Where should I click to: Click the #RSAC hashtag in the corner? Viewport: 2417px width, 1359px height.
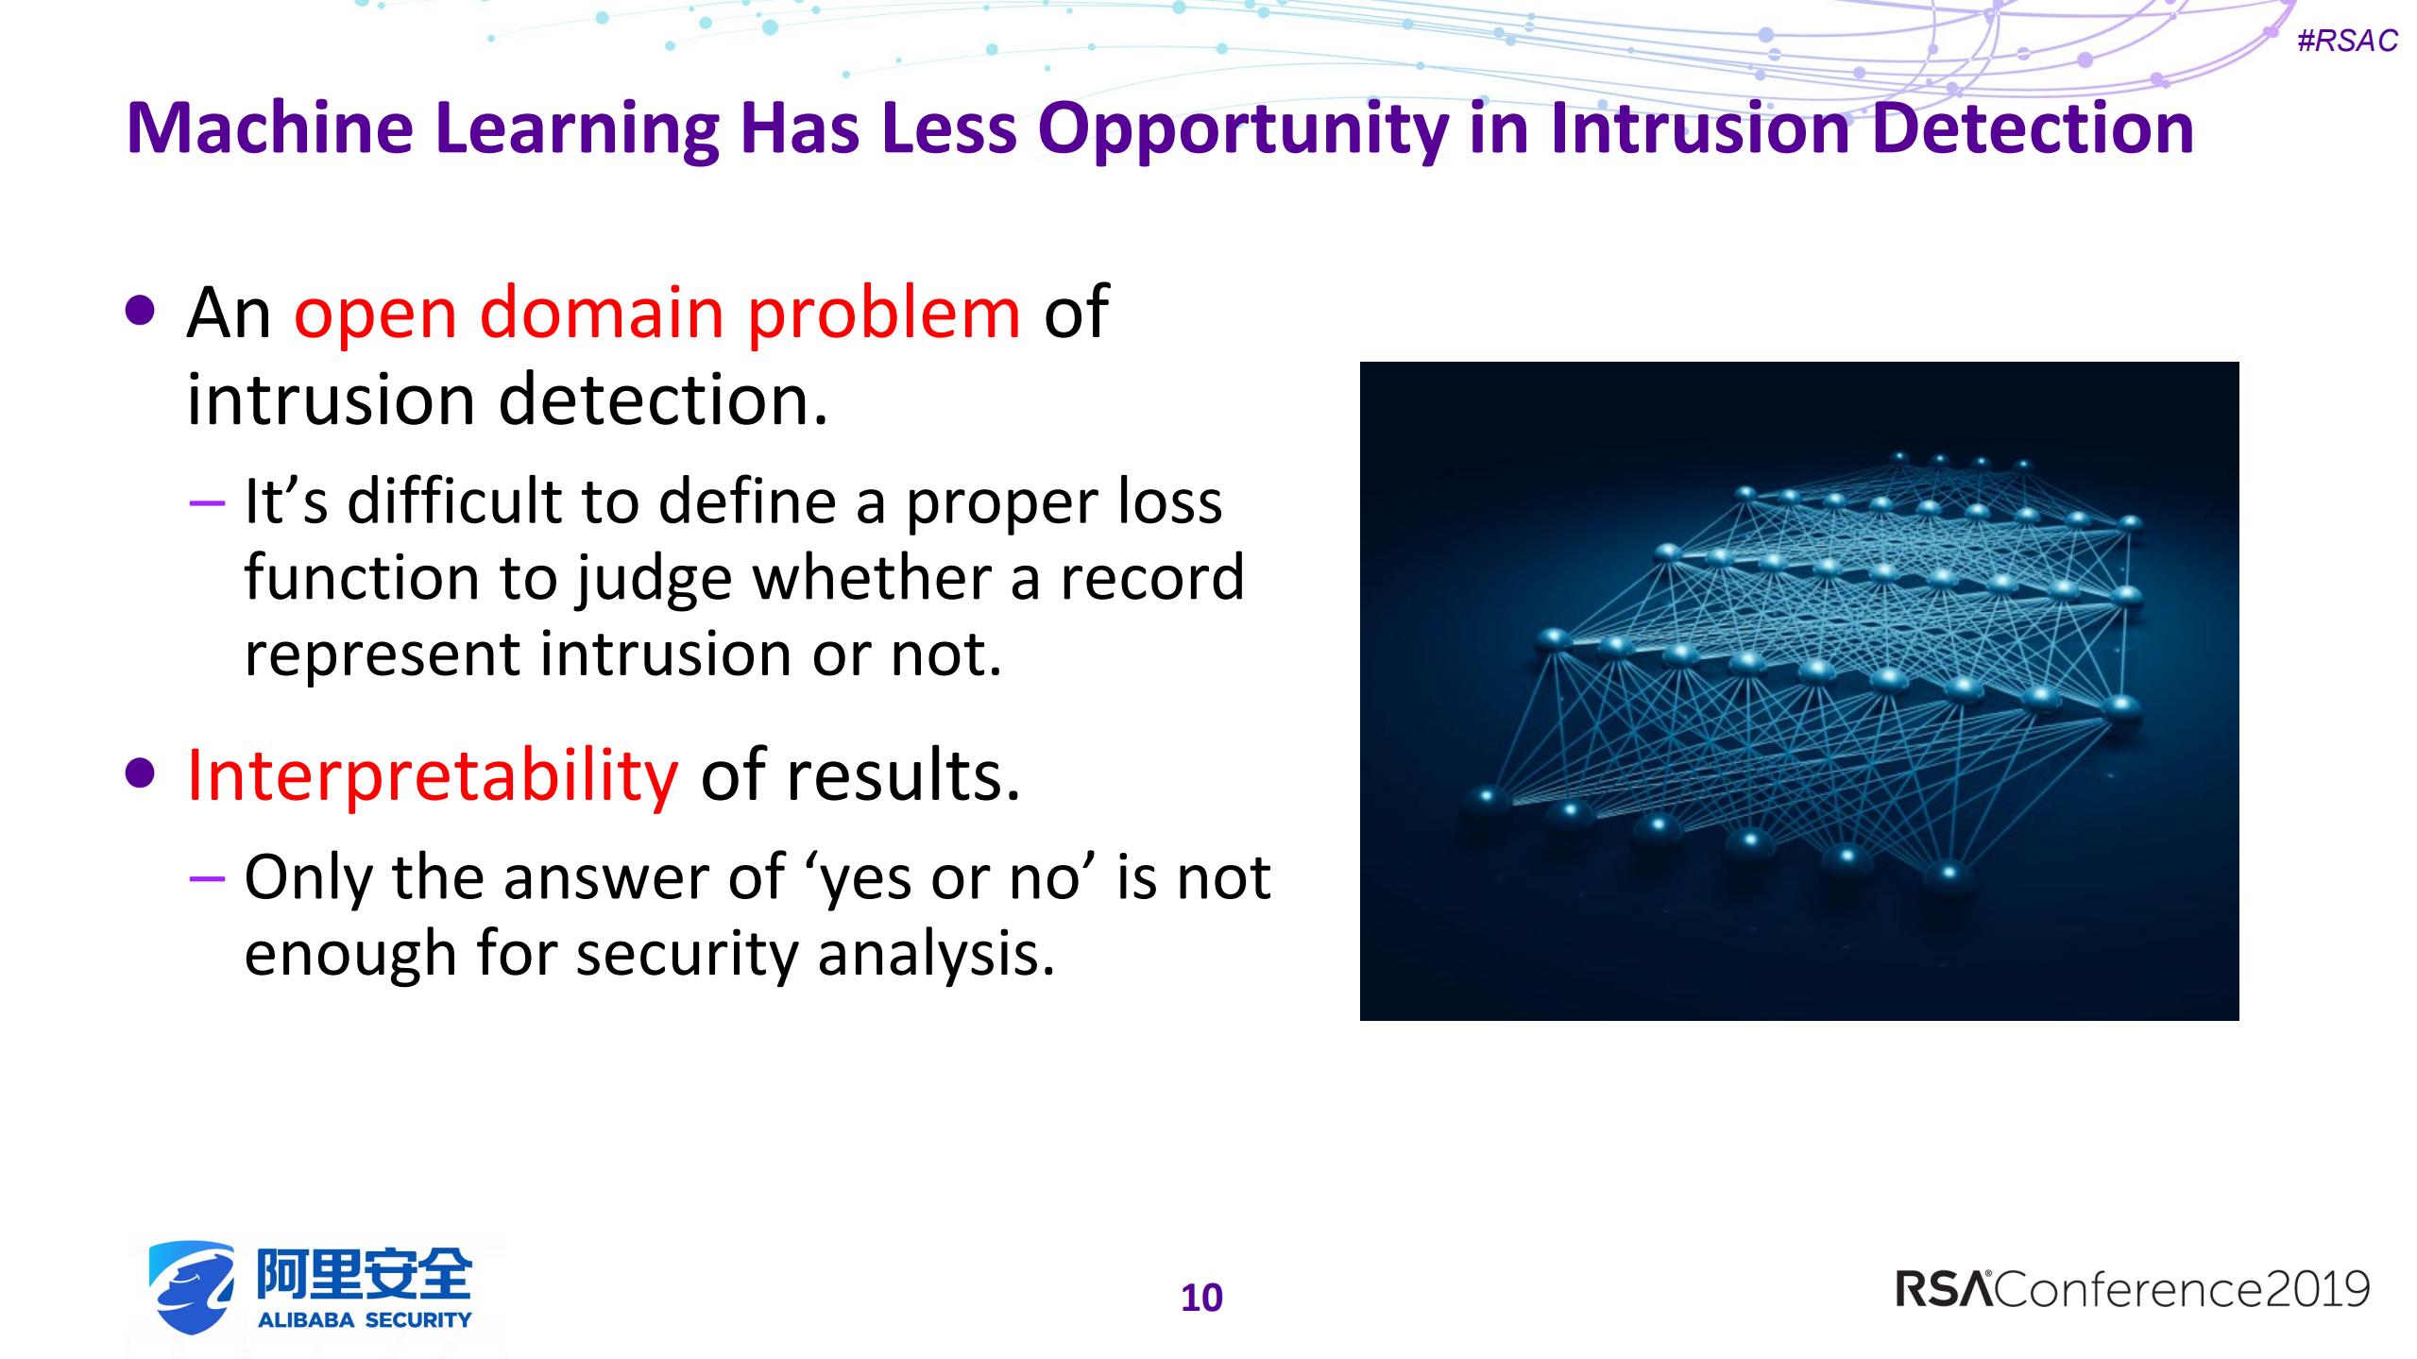click(x=2346, y=41)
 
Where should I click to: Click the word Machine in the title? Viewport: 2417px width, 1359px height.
click(x=270, y=128)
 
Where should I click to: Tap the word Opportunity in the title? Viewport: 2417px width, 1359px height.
click(x=1242, y=128)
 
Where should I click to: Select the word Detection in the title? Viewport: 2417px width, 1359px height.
click(x=2032, y=128)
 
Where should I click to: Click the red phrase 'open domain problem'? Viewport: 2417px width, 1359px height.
click(x=656, y=314)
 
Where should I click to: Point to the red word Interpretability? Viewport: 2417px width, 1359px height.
click(x=433, y=776)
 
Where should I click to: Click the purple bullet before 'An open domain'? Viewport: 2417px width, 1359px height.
click(x=140, y=311)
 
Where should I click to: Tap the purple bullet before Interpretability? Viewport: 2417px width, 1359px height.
click(x=140, y=773)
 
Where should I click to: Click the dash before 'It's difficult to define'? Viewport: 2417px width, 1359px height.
click(x=207, y=503)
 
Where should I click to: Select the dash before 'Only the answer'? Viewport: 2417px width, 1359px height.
click(x=207, y=879)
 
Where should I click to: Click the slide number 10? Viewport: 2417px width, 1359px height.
click(x=1201, y=1298)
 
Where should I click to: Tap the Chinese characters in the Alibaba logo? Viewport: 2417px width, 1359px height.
click(x=364, y=1274)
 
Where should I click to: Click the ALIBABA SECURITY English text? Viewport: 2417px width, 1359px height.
click(x=364, y=1319)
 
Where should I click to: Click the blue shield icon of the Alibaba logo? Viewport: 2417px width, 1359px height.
click(x=192, y=1286)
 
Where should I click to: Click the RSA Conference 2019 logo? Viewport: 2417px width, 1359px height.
click(x=2132, y=1289)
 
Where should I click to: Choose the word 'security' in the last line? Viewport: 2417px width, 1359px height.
click(x=687, y=954)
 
